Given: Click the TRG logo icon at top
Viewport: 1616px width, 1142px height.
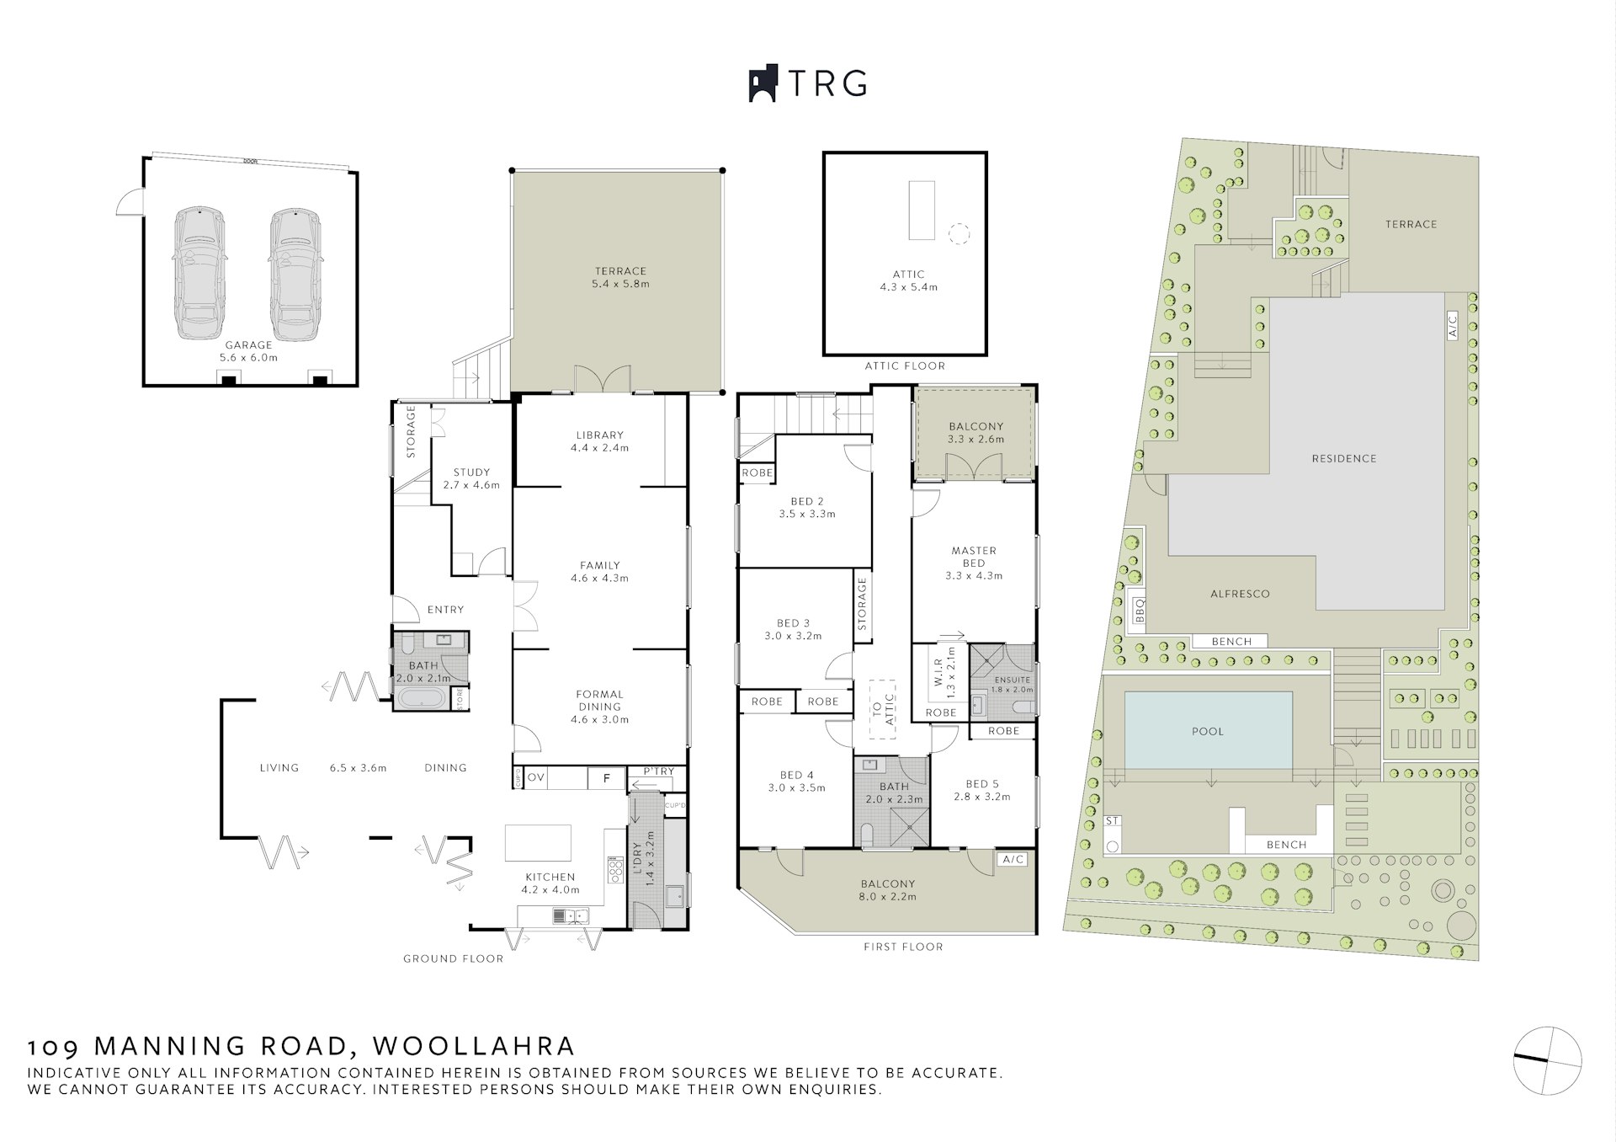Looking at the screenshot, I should (763, 83).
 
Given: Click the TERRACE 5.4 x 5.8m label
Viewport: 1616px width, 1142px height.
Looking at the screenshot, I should (621, 277).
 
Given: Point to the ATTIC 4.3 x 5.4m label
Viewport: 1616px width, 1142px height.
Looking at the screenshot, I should (908, 280).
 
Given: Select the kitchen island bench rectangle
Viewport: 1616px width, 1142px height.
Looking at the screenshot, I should (538, 842).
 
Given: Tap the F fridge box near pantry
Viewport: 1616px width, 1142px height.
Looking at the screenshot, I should (606, 778).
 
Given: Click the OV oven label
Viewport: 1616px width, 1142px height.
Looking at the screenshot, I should (536, 777).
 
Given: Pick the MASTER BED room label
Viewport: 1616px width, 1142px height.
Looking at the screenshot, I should (974, 563).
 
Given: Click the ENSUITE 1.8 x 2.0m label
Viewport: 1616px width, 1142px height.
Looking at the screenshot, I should (1012, 684).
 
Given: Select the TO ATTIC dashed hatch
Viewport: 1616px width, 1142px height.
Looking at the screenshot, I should (883, 709).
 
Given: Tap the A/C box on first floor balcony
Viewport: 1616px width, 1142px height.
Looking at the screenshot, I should (1013, 859).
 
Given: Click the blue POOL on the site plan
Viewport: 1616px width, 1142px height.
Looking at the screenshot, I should (1208, 730).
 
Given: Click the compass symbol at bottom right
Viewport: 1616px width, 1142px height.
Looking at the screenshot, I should (1547, 1060).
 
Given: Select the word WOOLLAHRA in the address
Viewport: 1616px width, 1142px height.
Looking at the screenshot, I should (474, 1046).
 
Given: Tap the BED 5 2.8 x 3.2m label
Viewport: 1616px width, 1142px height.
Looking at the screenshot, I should (982, 789).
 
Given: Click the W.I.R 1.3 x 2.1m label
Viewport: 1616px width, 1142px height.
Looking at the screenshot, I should (944, 674).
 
